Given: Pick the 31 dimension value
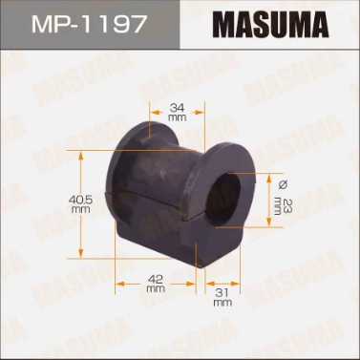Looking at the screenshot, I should (222, 293).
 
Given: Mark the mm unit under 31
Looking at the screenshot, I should (222, 304).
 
